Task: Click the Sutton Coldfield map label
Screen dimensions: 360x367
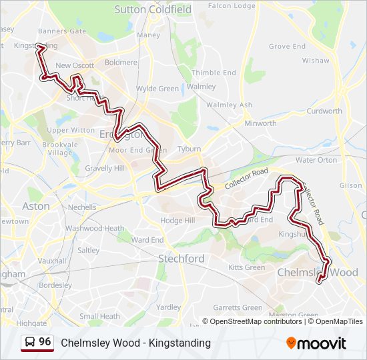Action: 153,9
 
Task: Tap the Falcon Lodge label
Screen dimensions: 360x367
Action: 232,5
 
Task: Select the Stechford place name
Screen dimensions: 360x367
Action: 181,258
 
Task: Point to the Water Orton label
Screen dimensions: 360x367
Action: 316,160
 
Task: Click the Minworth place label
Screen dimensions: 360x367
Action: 260,123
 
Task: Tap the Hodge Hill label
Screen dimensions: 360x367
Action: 177,221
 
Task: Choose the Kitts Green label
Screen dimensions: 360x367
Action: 246,267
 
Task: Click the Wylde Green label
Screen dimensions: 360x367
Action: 157,89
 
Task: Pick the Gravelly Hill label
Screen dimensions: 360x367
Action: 105,168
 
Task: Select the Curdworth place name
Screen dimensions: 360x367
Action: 325,111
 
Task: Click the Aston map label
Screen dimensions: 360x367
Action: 36,206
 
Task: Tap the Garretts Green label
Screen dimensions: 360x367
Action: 238,307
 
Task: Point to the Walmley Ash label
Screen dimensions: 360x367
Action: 229,105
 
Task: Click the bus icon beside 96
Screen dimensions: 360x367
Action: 30,343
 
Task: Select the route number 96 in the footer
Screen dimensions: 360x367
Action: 45,342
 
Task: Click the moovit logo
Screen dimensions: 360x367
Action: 316,343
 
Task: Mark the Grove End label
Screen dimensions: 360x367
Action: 287,47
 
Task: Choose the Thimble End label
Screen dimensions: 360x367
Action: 214,73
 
